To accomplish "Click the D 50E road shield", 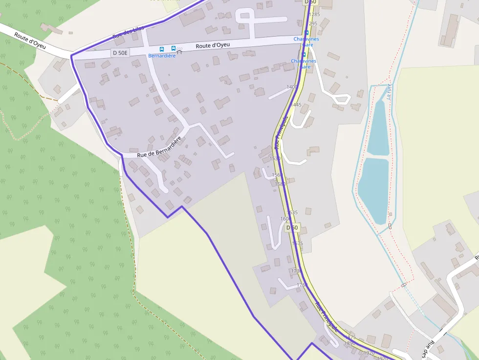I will (120, 53).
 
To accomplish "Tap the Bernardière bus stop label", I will (162, 56).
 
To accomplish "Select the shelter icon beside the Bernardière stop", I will (179, 51).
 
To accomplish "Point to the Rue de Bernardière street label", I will (159, 147).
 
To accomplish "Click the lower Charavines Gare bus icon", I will (304, 55).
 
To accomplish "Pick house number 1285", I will (314, 15).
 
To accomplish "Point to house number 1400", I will (292, 87).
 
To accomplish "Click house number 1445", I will (296, 105).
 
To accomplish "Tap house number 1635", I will (292, 212).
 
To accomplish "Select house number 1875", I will (350, 337).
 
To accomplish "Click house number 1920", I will (369, 353).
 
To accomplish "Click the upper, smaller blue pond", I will (378, 128).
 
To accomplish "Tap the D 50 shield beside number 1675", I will (292, 228).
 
